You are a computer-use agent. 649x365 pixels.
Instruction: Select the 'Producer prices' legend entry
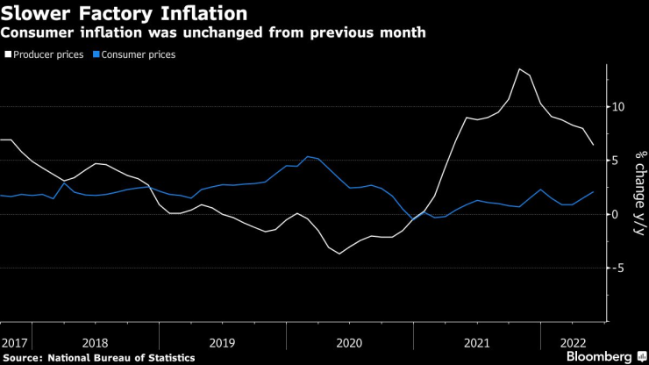[47, 54]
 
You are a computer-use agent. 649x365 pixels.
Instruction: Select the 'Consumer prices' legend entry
[139, 54]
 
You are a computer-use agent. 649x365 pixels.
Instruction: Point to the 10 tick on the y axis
[618, 107]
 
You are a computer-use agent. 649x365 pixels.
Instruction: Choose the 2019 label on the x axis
[222, 341]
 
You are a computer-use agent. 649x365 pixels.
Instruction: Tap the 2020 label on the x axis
[349, 341]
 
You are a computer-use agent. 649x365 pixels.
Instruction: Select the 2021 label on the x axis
[476, 341]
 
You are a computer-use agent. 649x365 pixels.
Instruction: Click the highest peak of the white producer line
[520, 68]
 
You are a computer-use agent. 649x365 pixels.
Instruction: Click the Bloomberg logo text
[599, 356]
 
